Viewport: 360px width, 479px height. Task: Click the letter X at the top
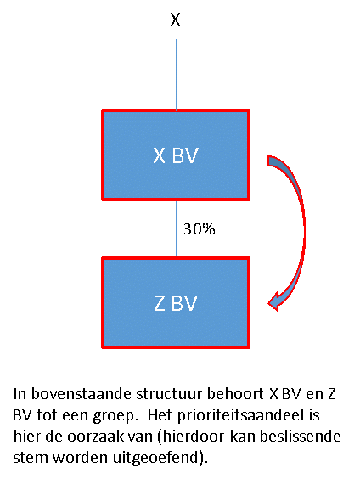coord(175,20)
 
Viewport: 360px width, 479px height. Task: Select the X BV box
coord(176,155)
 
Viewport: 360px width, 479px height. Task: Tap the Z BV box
coord(176,302)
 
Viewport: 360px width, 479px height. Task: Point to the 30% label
coord(199,228)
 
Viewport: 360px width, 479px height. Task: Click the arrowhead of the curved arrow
coord(275,301)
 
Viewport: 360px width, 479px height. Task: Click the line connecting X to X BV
coord(177,74)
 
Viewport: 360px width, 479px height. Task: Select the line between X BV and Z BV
coord(177,228)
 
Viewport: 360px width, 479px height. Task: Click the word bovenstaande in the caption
coord(82,394)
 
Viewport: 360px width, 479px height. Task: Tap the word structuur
coord(170,394)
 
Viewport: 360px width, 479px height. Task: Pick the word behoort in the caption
coord(235,394)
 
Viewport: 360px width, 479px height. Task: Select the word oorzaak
coord(95,437)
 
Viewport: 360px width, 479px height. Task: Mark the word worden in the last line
coord(81,458)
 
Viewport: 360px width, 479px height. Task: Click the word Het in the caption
coord(160,416)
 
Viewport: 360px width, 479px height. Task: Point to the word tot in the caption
coord(48,416)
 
